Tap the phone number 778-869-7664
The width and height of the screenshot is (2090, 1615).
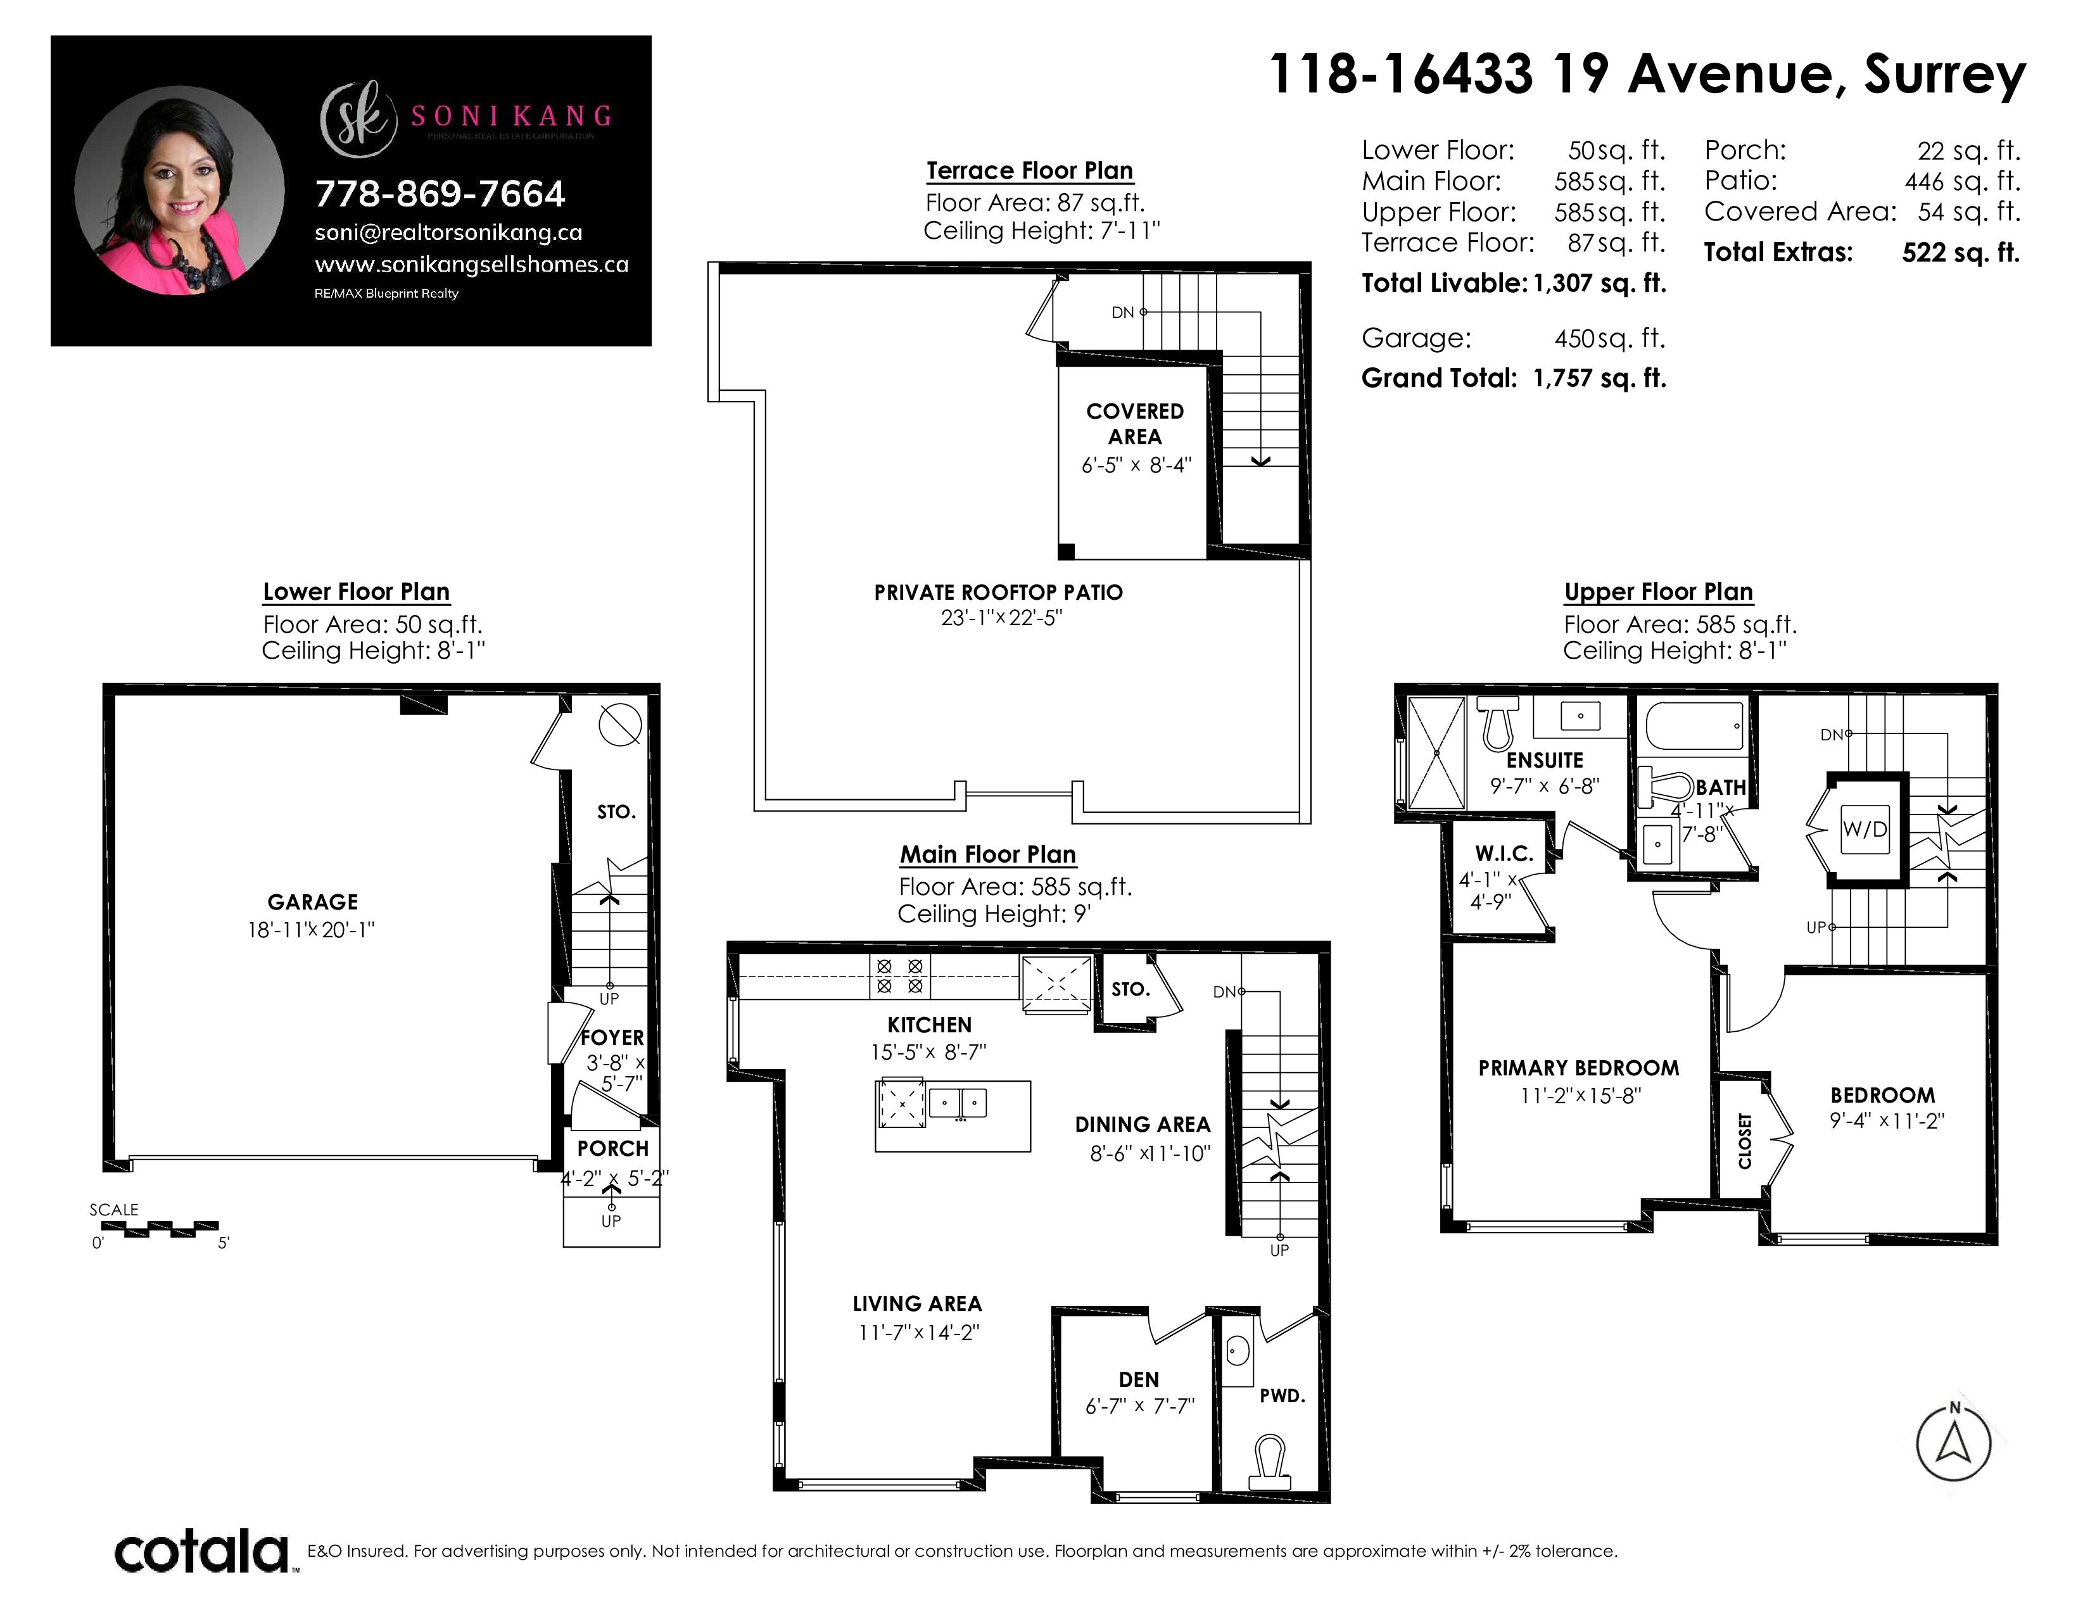tap(440, 194)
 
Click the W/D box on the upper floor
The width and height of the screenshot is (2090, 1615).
tap(1865, 828)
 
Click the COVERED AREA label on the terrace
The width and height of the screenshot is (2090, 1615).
tap(1135, 424)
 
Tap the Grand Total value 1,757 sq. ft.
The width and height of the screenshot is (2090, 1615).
tap(1599, 378)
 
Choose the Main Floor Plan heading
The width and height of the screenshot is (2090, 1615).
tap(987, 854)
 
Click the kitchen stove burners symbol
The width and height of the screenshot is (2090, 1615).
tap(899, 976)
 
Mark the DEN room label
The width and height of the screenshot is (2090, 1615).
tap(1139, 1379)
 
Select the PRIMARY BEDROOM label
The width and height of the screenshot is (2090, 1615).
tap(1578, 1068)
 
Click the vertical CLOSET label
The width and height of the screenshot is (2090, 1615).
tap(1745, 1141)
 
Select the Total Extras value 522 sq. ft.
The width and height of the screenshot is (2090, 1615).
tap(1961, 253)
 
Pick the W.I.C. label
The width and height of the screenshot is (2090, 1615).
tap(1504, 854)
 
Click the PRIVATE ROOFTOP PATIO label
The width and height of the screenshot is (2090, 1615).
tap(998, 592)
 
